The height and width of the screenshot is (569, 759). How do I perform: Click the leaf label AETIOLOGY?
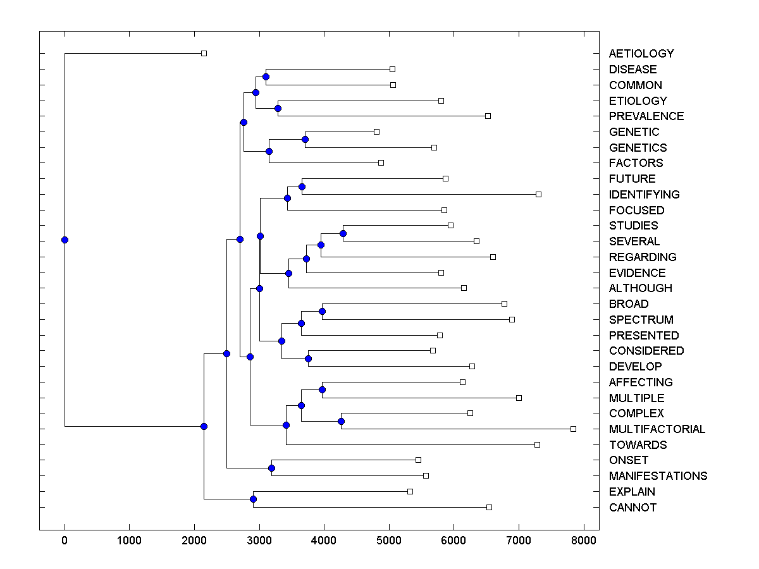coord(641,54)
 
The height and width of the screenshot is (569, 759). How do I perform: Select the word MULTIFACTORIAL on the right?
coord(657,429)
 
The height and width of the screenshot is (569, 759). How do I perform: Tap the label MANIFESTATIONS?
coord(658,476)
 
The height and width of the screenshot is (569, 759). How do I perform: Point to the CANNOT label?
coord(632,508)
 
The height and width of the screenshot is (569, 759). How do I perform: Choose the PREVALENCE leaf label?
coord(646,116)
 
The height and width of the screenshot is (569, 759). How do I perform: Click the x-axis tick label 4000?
coord(324,541)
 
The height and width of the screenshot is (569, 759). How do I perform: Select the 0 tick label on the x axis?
coord(65,541)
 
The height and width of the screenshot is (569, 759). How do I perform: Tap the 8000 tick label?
coord(583,541)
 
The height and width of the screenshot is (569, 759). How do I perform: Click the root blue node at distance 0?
coord(65,240)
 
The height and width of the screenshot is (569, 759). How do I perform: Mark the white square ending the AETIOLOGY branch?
coord(204,53)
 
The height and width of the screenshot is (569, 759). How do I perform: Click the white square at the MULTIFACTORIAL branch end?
coord(573,429)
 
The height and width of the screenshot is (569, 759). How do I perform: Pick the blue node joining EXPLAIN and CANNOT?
coord(253,499)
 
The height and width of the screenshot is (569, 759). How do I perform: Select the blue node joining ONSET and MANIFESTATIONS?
coord(271,468)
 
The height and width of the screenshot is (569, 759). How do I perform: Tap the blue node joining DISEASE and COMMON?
coord(266,76)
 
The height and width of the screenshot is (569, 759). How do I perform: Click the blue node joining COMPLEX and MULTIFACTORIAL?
coord(341,421)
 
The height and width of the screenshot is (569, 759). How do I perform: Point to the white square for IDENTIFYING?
coord(538,194)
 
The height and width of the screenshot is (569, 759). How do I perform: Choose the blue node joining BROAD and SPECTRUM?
coord(322,311)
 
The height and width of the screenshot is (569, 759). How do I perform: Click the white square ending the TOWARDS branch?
coord(537,444)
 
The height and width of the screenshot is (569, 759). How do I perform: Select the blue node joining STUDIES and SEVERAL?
coord(343,233)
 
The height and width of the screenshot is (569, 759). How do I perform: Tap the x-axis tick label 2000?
coord(194,541)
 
